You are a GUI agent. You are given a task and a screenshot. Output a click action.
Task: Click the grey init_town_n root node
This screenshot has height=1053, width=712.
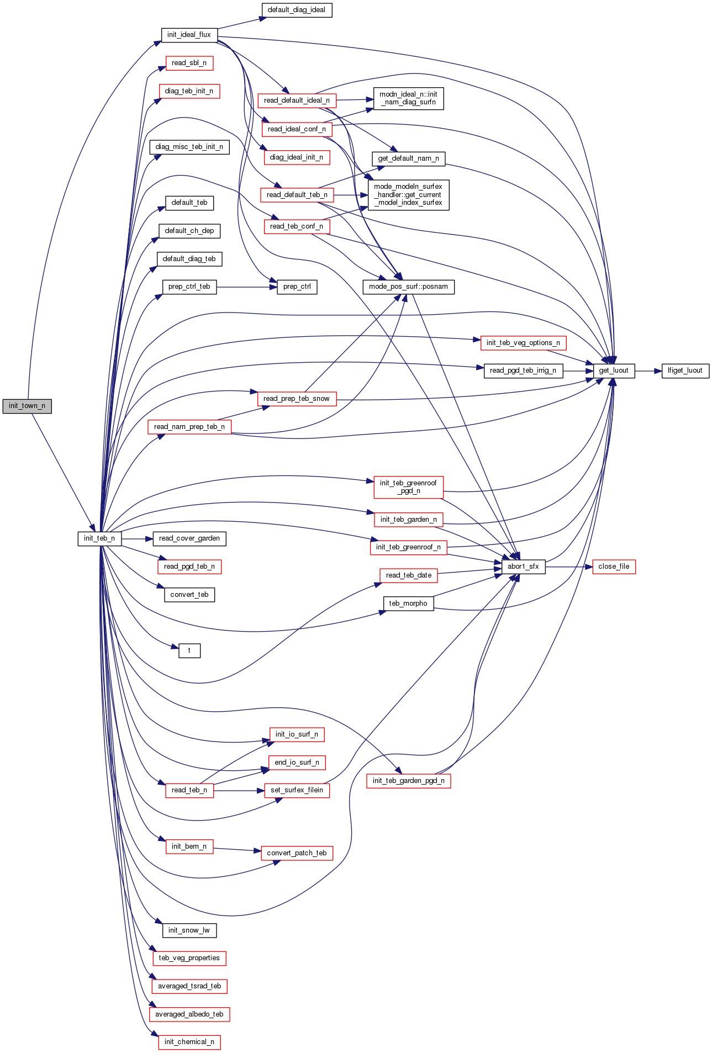pos(27,406)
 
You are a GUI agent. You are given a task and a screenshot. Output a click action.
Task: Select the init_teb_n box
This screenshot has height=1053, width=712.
pos(99,538)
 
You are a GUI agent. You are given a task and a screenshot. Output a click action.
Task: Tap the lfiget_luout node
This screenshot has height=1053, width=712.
pos(685,371)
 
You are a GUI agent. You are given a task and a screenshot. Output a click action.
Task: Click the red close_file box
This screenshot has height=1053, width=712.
pos(614,567)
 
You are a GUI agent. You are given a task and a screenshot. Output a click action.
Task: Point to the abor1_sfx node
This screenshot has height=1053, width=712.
pos(523,567)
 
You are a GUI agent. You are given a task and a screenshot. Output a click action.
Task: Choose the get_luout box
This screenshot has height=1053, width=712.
pos(614,371)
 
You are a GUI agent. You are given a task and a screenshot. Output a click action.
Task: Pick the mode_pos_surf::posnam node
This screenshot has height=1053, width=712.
pos(408,287)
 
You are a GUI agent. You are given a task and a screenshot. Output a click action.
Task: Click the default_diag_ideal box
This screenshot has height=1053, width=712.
pos(297,10)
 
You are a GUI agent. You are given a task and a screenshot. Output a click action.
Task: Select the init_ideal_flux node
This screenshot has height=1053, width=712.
pos(189,35)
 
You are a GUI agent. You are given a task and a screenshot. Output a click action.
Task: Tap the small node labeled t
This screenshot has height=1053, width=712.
pos(189,650)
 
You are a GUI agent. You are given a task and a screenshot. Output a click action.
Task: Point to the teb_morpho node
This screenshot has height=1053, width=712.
pos(408,604)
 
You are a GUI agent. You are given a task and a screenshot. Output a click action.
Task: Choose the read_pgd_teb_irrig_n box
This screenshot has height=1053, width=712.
pos(523,371)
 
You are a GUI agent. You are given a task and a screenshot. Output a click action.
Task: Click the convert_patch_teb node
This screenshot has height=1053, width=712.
pos(297,853)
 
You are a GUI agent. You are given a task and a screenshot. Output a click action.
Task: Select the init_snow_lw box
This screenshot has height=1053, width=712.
pos(189,930)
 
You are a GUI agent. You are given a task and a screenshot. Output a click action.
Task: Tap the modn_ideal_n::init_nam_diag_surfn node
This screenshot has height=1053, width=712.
pos(408,98)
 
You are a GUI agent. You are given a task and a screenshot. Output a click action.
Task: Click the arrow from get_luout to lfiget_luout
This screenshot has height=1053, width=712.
pos(648,371)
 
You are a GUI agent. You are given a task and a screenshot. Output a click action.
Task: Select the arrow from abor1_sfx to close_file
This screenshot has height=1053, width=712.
pos(569,567)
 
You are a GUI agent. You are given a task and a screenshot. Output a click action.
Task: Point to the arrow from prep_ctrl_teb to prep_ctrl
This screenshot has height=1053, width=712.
pos(246,287)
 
